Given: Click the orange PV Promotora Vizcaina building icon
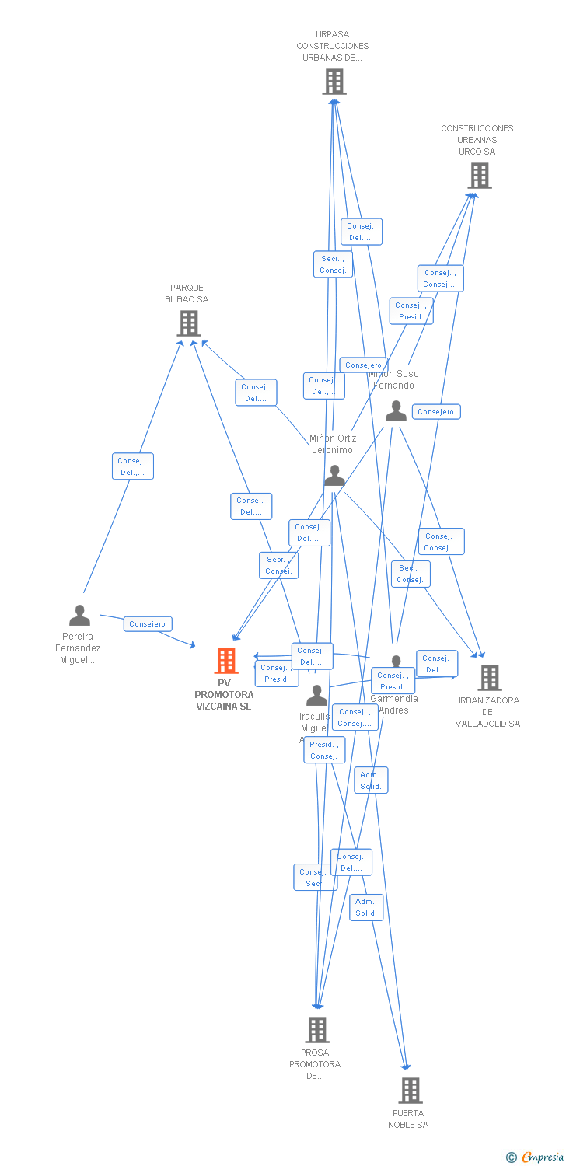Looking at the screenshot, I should coord(226,661).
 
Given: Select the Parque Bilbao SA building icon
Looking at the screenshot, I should coord(189,323).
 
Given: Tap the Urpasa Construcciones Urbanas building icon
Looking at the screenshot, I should coord(334,82).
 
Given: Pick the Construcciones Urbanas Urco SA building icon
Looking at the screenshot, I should coord(480,176).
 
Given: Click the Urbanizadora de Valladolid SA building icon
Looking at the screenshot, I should coord(489,678).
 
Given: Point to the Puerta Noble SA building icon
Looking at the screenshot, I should coord(410,1091).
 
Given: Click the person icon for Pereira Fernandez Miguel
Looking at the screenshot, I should coord(79,616).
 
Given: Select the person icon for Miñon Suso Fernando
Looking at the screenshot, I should coord(396,411).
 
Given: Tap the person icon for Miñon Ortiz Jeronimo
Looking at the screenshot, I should coord(334,475).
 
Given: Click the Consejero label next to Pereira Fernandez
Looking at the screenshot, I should coord(148,624).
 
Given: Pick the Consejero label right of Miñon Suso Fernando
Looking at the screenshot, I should coord(436,412).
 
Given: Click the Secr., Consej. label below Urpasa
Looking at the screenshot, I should coord(333,264).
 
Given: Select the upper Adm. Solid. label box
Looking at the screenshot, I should coord(371,780).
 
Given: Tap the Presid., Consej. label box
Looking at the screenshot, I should coord(323,750).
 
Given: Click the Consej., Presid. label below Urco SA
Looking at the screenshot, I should coord(411,311).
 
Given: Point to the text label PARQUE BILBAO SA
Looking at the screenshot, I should coord(187,294).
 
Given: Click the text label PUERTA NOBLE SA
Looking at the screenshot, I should coord(408,1119).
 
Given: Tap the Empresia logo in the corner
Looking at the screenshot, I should coord(536,1157).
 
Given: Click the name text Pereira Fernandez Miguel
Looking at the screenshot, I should coord(78,648).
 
